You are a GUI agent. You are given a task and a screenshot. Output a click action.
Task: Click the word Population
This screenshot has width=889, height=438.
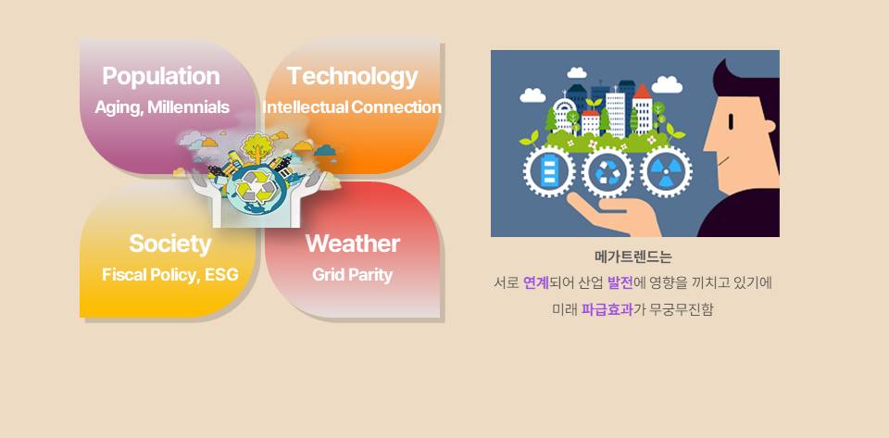(x=161, y=77)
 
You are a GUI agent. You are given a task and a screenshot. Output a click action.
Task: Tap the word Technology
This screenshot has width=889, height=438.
(x=352, y=77)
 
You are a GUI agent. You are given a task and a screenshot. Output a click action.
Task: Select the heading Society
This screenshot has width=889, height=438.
(x=170, y=244)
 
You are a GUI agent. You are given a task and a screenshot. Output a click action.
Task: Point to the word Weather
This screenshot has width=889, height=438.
(x=353, y=244)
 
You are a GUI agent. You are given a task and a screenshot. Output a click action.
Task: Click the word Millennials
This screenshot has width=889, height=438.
(x=188, y=107)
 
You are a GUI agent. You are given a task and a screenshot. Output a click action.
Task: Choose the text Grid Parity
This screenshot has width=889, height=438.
(x=352, y=275)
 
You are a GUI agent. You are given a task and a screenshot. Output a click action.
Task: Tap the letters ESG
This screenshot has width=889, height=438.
(x=221, y=275)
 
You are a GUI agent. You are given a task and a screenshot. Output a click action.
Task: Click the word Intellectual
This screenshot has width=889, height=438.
(x=306, y=107)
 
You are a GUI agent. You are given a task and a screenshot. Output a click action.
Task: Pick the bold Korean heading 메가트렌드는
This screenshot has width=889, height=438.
(x=633, y=257)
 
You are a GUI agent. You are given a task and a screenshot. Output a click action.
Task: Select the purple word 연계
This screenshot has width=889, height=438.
(x=536, y=282)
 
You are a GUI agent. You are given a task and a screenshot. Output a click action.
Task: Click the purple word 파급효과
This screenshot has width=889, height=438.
(x=607, y=309)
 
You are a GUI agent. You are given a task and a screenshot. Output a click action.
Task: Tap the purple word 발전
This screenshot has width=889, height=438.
(x=620, y=282)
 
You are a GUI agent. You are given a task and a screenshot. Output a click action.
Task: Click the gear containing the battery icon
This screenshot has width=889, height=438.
(x=549, y=171)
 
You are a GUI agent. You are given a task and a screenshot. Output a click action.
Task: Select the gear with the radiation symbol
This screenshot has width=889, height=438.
(x=666, y=171)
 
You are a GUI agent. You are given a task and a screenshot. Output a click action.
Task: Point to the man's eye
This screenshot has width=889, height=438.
(x=731, y=121)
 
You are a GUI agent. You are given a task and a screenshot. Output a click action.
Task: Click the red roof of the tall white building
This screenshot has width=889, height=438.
(x=642, y=92)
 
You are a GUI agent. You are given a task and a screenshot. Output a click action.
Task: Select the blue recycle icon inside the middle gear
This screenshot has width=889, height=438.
(x=607, y=171)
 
